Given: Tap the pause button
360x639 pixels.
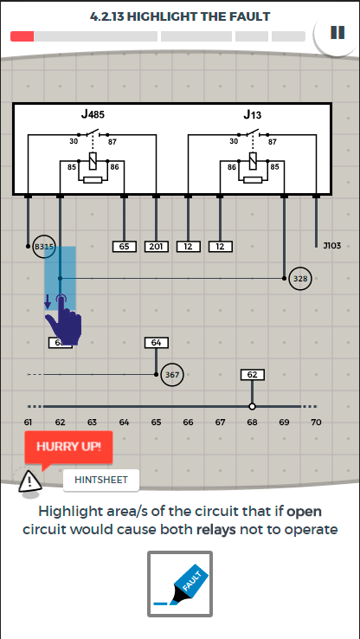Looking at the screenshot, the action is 337,33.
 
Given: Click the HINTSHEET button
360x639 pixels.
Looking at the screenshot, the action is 101,480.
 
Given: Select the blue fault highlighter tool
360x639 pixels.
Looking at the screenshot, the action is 180,584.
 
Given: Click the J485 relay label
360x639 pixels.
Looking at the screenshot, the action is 93,114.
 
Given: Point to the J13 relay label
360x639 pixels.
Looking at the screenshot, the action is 253,114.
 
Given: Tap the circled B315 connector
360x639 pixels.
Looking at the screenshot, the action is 43,247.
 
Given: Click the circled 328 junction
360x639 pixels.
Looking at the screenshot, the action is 300,279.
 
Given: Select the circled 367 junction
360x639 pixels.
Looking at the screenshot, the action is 172,375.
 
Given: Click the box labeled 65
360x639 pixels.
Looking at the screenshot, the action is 125,247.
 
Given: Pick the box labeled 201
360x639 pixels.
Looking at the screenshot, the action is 157,247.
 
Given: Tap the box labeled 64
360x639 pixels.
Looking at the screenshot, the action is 157,343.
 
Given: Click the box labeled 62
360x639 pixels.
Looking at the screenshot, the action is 253,375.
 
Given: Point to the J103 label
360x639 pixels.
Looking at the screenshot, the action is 332,246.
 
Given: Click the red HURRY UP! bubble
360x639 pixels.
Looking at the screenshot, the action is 68,447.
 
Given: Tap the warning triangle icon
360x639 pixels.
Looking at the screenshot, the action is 30,481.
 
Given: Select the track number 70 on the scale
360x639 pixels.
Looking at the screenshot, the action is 316,423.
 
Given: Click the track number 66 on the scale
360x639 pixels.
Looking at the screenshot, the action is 188,423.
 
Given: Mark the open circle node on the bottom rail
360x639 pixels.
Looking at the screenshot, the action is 252,406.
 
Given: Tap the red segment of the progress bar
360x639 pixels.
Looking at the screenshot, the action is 22,36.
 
